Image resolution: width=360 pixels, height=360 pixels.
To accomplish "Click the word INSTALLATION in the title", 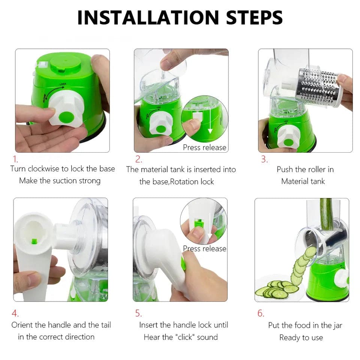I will [x=147, y=18].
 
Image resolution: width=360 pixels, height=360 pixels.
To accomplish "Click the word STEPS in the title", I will [x=252, y=18].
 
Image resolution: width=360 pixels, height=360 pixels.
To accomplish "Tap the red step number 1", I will [x=16, y=159].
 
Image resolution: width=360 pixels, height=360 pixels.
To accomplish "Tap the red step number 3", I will [x=264, y=159].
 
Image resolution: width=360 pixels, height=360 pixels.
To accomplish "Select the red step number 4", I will [x=15, y=313].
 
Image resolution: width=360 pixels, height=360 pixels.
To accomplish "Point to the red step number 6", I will [x=261, y=313].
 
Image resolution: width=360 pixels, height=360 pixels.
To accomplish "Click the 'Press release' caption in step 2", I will [x=204, y=147].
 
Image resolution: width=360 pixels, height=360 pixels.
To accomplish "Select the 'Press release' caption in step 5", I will [x=205, y=248].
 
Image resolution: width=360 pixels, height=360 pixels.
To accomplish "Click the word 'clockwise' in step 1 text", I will [x=45, y=169].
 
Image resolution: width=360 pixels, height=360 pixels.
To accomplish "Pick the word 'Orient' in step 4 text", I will [x=22, y=325].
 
